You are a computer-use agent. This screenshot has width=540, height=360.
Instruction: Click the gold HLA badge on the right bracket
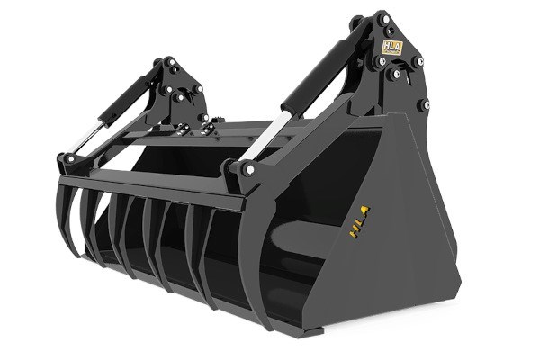(x=393, y=48)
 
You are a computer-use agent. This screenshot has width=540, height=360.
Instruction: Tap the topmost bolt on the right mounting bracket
(x=384, y=17)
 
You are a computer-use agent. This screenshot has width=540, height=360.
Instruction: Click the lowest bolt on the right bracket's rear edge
(x=422, y=104)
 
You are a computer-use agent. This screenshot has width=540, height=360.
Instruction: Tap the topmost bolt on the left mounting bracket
(x=168, y=62)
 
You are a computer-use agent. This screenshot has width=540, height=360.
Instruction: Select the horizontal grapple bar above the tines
(x=153, y=192)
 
